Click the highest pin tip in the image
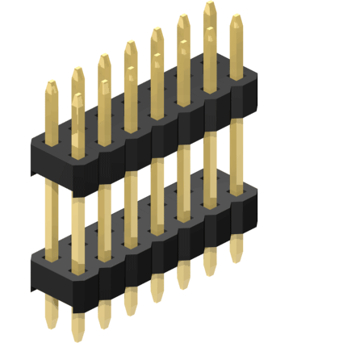pos(210,7)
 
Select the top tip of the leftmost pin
pos(51,85)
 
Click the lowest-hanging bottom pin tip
pos(77,336)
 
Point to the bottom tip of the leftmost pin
pos(51,323)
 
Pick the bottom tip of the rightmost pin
pos(236,257)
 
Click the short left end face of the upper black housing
pos(36,161)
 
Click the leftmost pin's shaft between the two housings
pos(51,218)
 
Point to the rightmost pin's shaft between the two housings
pos(236,153)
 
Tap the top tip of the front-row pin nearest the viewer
pos(77,98)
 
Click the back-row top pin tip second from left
pos(77,72)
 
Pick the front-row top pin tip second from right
pos(210,32)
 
